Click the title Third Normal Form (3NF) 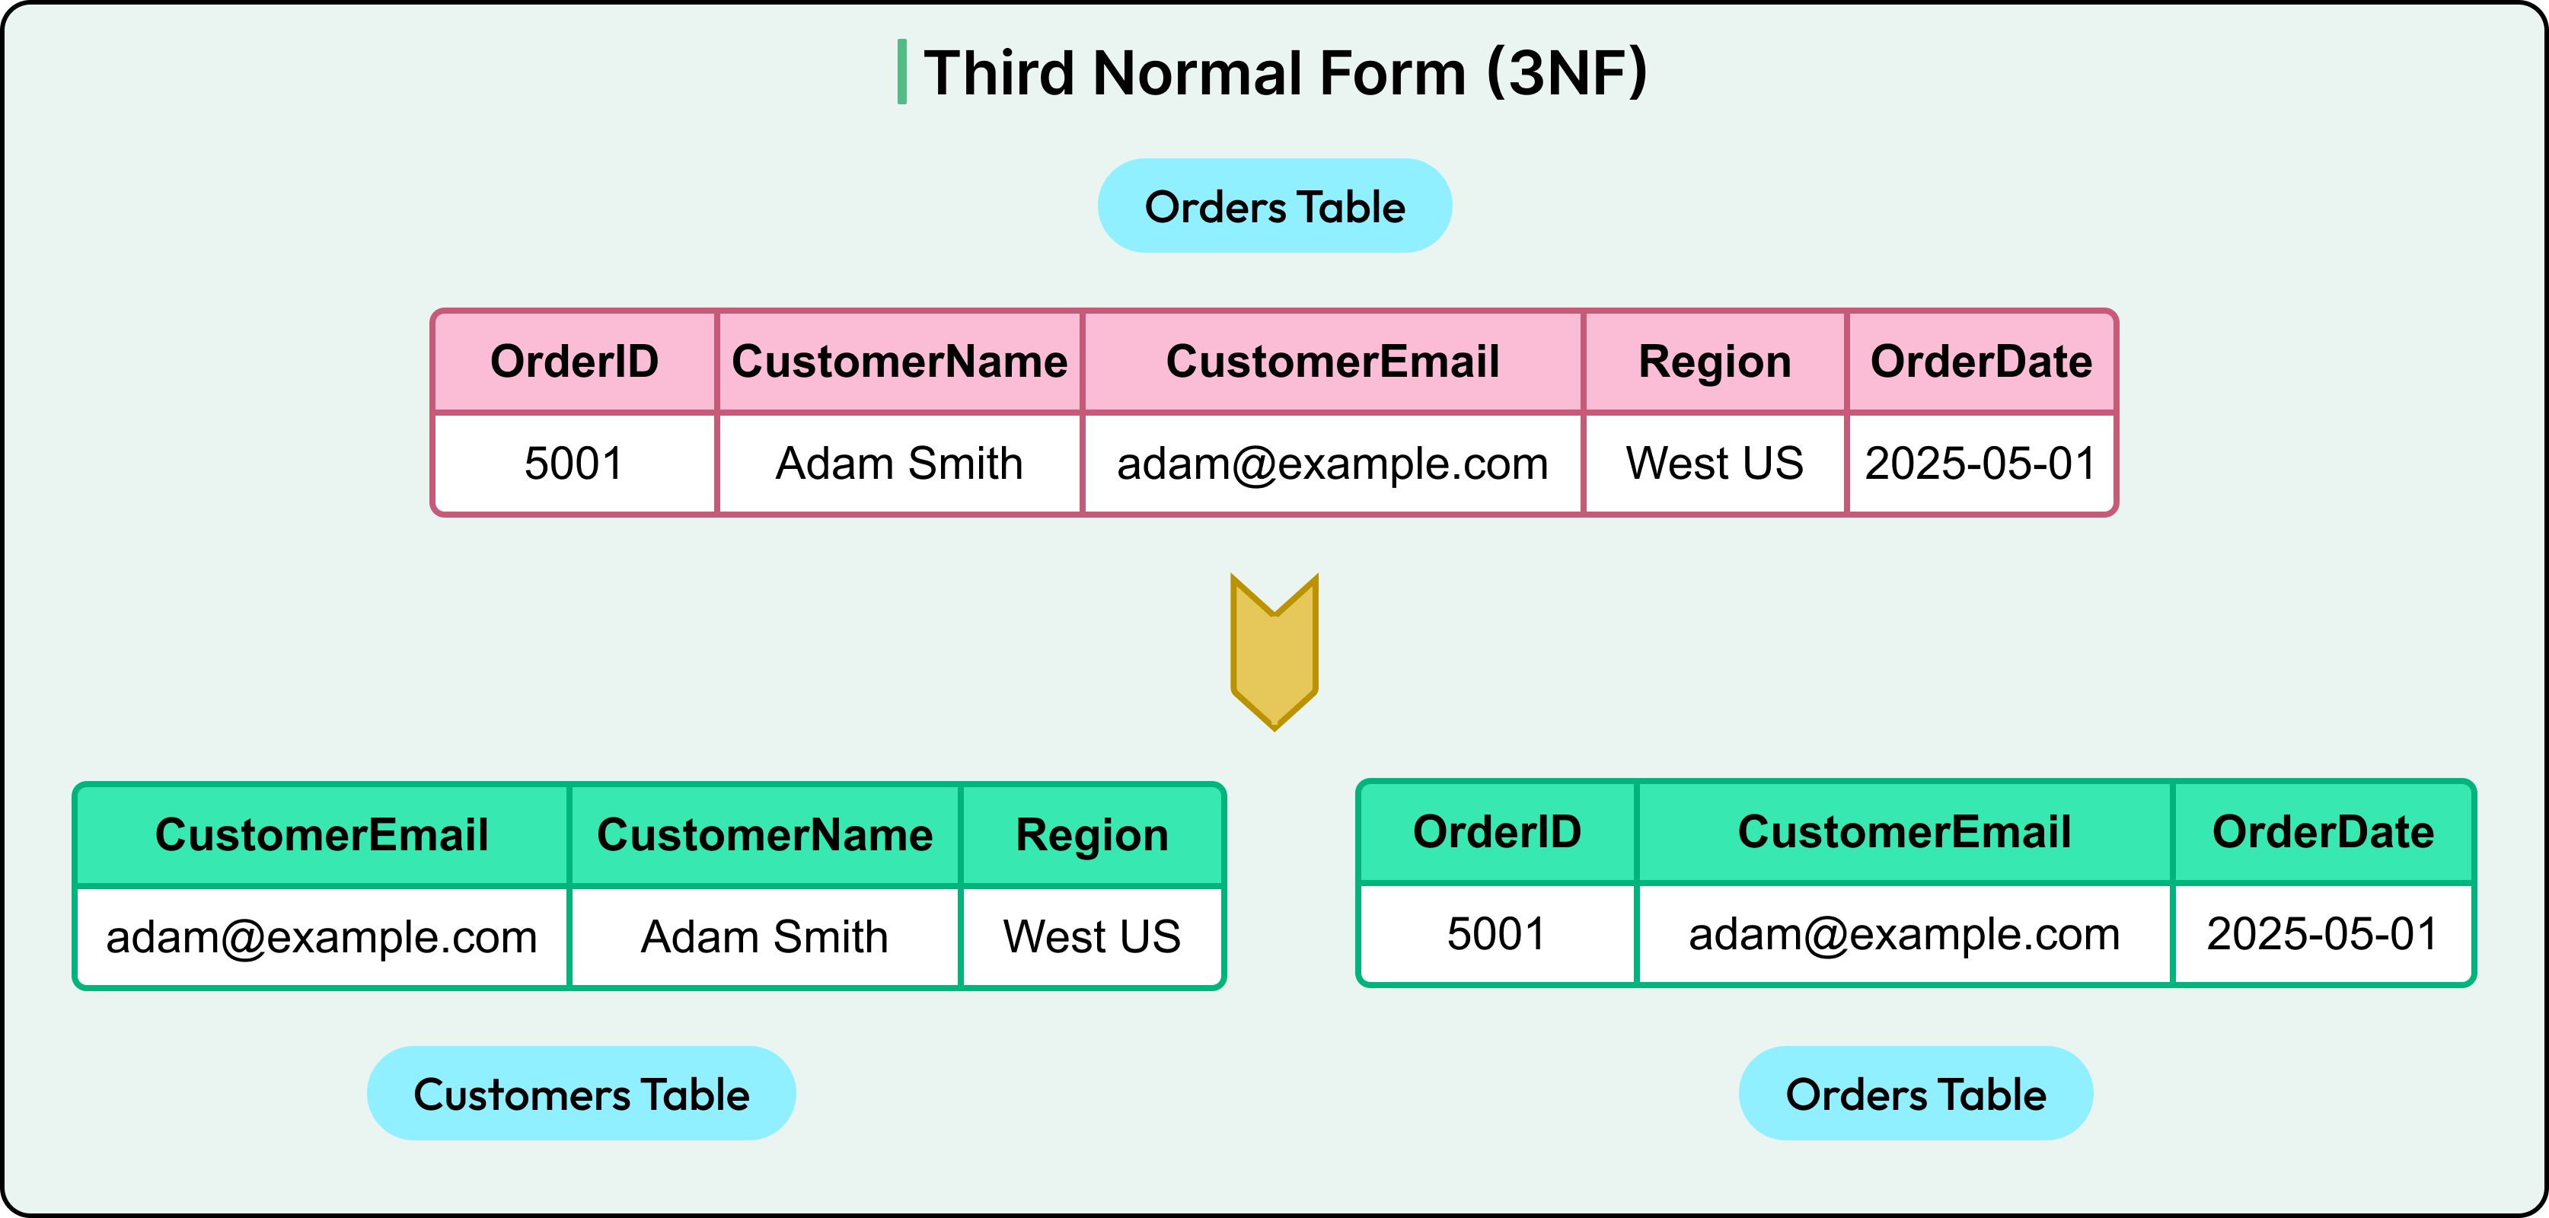tap(1284, 73)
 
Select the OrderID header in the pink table tap(574, 361)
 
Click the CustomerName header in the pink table tap(898, 361)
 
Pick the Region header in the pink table tap(1714, 361)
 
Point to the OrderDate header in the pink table tap(1980, 361)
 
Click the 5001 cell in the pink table tap(574, 463)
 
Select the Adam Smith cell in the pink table tap(898, 463)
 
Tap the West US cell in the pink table tap(1714, 463)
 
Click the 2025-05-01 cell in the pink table tap(1980, 463)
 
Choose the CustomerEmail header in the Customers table tap(321, 835)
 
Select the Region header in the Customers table tap(1092, 835)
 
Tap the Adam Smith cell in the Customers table tap(764, 936)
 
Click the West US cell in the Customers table tap(1092, 936)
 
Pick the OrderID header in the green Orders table tap(1496, 832)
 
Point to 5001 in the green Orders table tap(1496, 934)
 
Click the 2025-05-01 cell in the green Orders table tap(2321, 934)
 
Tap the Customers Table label tap(581, 1095)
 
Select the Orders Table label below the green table tap(1915, 1095)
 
